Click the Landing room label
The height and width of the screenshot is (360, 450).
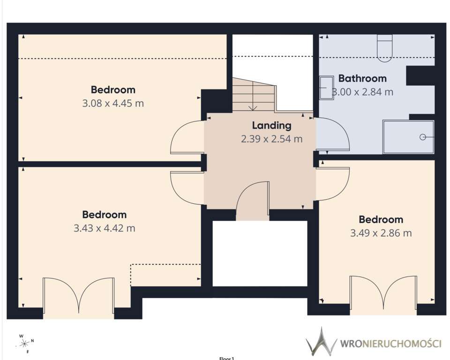271,126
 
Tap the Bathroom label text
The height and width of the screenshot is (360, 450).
362,78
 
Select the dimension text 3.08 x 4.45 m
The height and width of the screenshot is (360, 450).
113,103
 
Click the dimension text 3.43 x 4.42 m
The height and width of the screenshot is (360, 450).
104,228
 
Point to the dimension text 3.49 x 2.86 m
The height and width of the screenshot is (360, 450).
381,233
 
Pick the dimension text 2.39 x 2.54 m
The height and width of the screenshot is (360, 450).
271,139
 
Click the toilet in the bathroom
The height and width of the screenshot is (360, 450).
384,48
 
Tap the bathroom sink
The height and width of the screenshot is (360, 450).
327,88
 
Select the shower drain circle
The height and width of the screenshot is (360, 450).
423,137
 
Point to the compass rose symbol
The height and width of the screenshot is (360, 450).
25,343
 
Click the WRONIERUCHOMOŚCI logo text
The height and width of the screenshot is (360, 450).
390,344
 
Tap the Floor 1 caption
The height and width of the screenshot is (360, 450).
227,358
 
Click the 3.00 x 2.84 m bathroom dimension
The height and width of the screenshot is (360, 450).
362,92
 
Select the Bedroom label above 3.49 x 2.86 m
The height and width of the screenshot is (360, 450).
381,220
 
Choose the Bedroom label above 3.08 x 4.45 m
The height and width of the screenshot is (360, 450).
113,90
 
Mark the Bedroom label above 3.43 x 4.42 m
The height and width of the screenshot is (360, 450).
104,215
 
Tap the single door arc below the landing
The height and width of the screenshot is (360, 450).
243,191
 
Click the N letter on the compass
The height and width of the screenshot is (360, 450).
32,341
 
